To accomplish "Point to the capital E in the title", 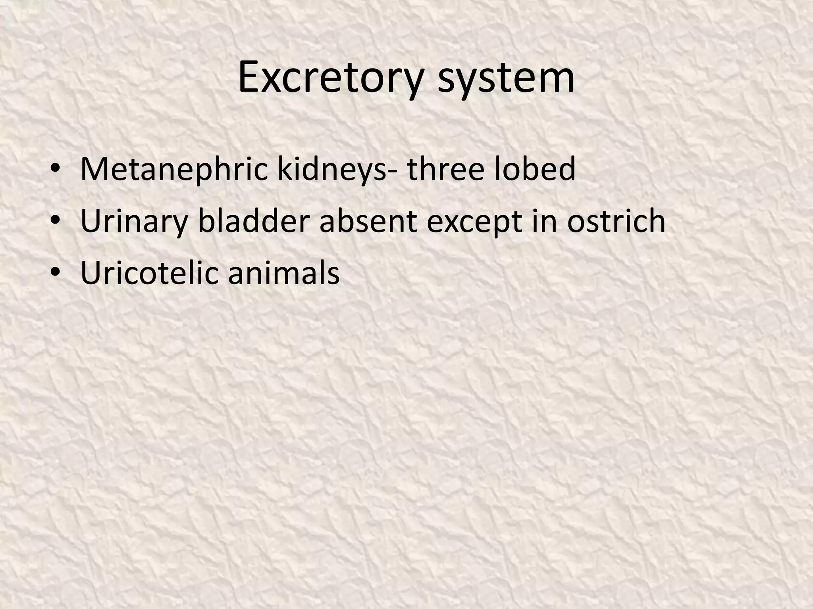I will click(249, 78).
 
